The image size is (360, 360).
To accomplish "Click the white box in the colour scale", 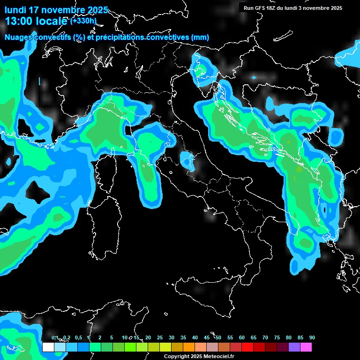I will (x=48, y=347).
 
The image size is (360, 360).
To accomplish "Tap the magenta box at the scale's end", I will (x=306, y=347).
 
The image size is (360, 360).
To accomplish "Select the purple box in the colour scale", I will (x=294, y=347).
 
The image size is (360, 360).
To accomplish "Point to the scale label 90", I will (x=312, y=337).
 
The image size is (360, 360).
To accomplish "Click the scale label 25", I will (x=160, y=337).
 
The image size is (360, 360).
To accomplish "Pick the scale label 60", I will (x=242, y=337).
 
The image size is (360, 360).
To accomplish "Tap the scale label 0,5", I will (x=78, y=337).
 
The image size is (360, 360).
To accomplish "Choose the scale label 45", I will (x=207, y=337).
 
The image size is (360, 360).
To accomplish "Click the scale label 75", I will (x=277, y=337).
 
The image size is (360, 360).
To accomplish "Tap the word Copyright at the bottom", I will (x=177, y=356).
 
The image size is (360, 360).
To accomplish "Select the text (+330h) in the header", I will (x=83, y=21).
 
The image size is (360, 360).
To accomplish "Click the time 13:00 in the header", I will (x=18, y=21).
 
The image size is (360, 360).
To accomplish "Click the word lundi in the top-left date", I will (x=15, y=10).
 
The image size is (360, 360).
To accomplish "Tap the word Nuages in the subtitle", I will (x=19, y=37).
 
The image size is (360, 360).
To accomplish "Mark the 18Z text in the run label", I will (x=275, y=8).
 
